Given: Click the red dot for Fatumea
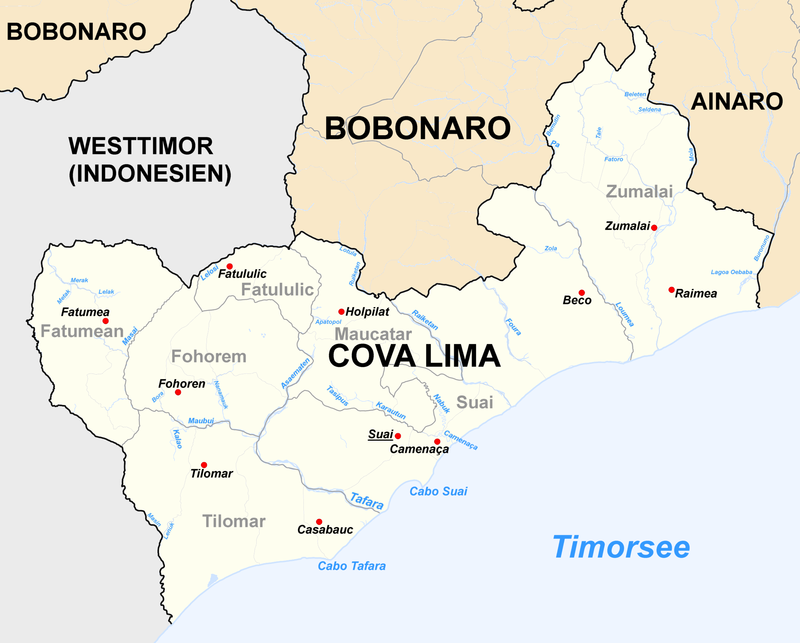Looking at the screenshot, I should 105,321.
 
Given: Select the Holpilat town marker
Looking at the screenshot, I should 341,311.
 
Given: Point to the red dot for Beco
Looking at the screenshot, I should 581,293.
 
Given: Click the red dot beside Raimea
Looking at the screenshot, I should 671,290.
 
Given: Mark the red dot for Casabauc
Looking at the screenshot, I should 319,521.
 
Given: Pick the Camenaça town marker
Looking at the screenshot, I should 437,441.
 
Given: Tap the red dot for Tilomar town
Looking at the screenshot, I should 204,465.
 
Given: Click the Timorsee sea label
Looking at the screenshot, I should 622,547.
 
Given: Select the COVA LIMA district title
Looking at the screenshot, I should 414,356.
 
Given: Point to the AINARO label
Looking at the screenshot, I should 734,101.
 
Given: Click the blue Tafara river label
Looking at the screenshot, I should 367,504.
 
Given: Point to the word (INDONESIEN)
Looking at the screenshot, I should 150,174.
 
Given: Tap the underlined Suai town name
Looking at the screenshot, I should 379,434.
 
